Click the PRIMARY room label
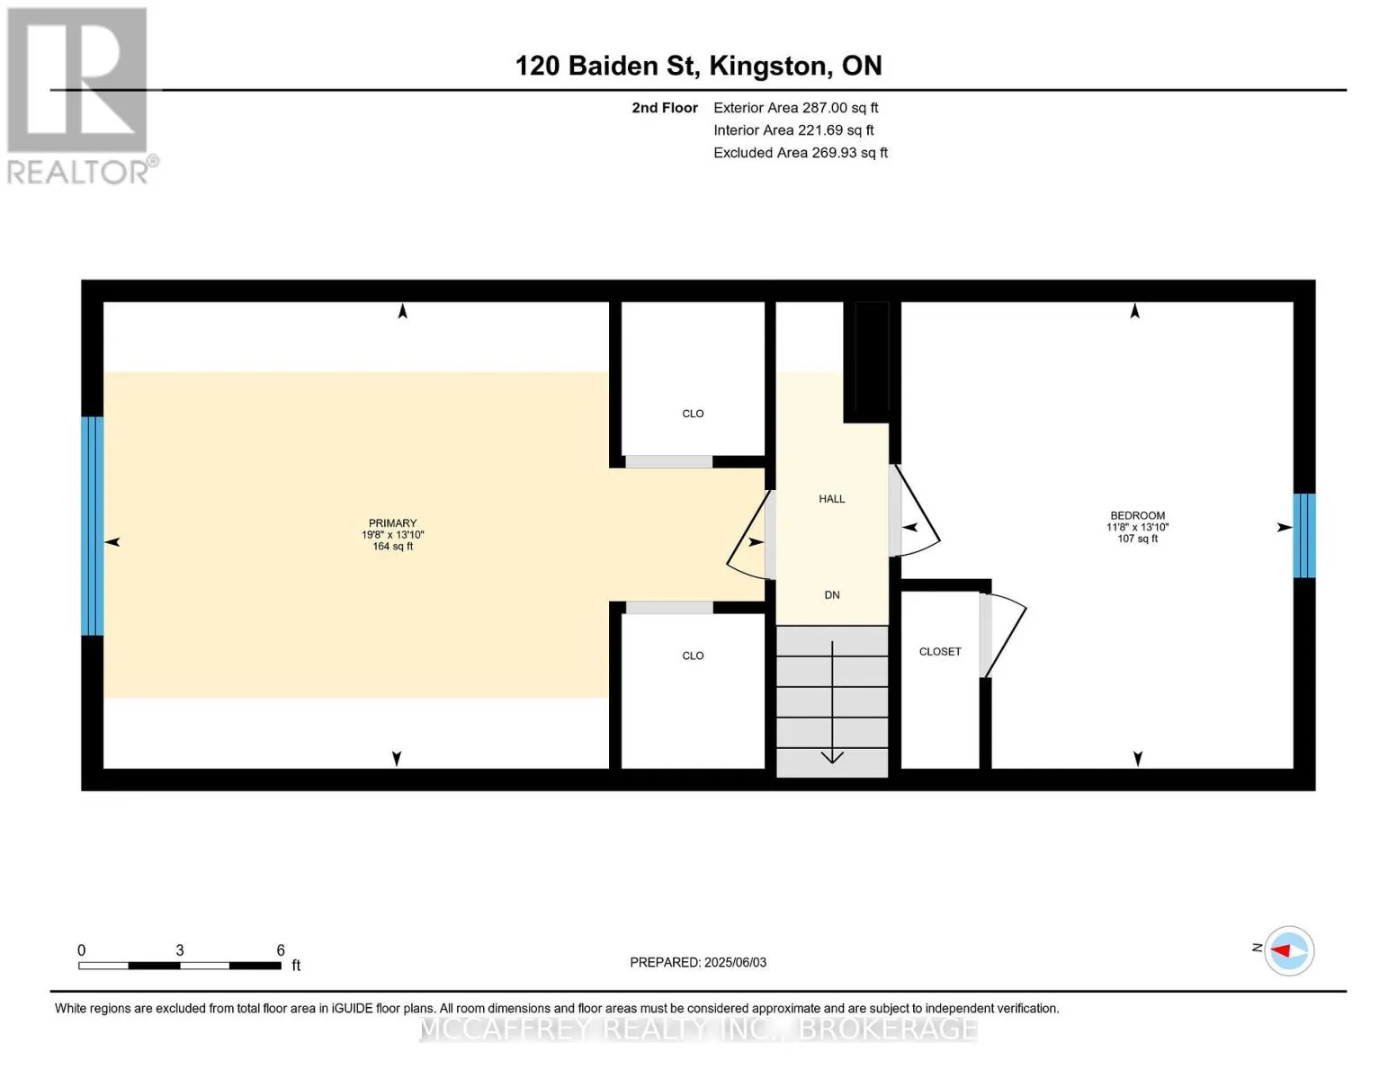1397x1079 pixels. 392,523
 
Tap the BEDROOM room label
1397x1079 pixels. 1137,515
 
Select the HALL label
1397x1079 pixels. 831,499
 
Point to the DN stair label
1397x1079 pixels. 832,595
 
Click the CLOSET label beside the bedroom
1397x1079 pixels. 940,652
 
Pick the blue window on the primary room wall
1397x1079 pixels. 93,526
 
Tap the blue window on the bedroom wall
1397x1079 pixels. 1303,535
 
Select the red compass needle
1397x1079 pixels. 1280,950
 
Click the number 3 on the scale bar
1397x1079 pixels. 179,950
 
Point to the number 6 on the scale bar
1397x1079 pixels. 281,950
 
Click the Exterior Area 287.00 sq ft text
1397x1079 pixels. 795,108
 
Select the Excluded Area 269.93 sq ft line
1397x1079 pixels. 801,153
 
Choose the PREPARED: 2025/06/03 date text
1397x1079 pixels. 697,962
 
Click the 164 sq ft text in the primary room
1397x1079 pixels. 392,547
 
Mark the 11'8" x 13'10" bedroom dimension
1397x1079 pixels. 1137,527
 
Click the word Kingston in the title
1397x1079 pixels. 767,66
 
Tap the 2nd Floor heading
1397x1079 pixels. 664,108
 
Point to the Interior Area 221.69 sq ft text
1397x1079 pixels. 793,130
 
